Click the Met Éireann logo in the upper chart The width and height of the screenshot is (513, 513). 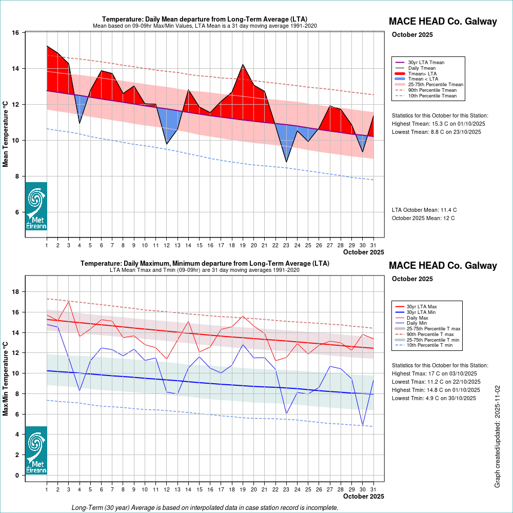(36, 206)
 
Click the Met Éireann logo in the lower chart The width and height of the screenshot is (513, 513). (36, 450)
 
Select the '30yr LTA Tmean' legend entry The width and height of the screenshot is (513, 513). (426, 63)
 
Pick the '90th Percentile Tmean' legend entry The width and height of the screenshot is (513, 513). (432, 90)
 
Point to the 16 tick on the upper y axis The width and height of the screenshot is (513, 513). (15, 33)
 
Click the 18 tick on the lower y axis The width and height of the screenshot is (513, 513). (15, 292)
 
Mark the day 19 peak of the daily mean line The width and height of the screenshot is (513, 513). (243, 65)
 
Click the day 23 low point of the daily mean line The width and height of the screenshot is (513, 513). (286, 162)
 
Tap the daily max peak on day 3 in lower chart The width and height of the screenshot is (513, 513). (68, 301)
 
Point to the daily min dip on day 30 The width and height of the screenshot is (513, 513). (363, 425)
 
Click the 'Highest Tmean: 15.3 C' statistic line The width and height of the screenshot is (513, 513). (438, 124)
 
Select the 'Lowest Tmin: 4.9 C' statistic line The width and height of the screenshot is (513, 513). (436, 398)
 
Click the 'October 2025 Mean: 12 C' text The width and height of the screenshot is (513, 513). (423, 219)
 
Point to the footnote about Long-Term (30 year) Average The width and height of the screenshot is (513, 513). (205, 508)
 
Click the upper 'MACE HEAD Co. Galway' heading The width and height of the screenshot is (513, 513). (443, 22)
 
